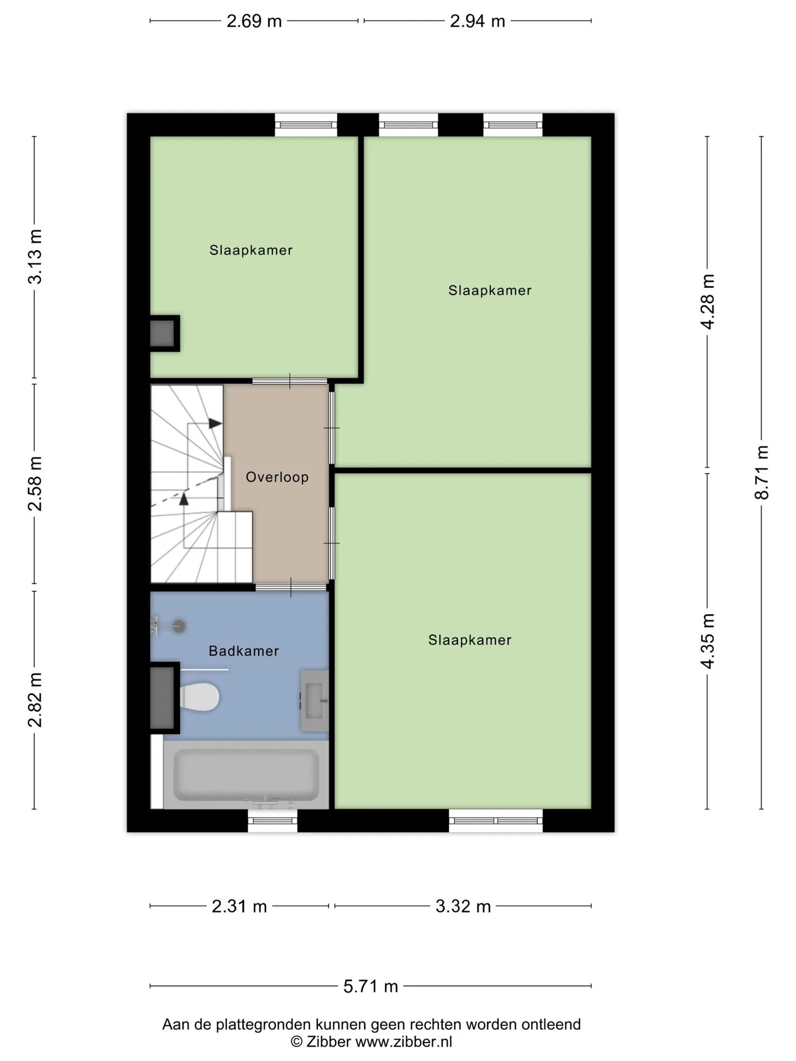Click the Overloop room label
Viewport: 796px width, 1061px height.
pos(277,477)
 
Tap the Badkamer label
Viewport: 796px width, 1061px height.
pos(244,651)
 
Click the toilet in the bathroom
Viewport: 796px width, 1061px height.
pos(199,697)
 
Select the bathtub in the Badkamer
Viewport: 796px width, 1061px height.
pos(246,775)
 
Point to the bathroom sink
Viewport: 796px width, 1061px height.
pos(314,701)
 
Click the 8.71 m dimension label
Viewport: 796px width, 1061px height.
pos(762,472)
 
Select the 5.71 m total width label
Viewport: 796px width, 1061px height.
pos(371,986)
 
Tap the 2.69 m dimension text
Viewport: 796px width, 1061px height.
pos(254,21)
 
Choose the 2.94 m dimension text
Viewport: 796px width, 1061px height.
pos(478,21)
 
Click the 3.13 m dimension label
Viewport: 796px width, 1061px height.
pos(35,256)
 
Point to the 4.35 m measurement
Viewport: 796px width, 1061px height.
pos(708,641)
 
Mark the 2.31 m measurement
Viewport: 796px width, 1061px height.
pos(239,906)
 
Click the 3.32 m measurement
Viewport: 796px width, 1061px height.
pos(463,906)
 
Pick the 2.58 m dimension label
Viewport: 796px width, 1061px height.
pos(35,484)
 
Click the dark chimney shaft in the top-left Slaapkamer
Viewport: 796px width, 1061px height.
pos(165,333)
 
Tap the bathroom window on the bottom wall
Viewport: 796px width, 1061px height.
pos(273,821)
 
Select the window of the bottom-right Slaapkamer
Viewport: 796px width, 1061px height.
pos(496,821)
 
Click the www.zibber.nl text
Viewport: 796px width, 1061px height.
pos(404,1042)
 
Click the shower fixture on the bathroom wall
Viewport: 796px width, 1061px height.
pos(168,626)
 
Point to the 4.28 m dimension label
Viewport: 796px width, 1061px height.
pos(708,302)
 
